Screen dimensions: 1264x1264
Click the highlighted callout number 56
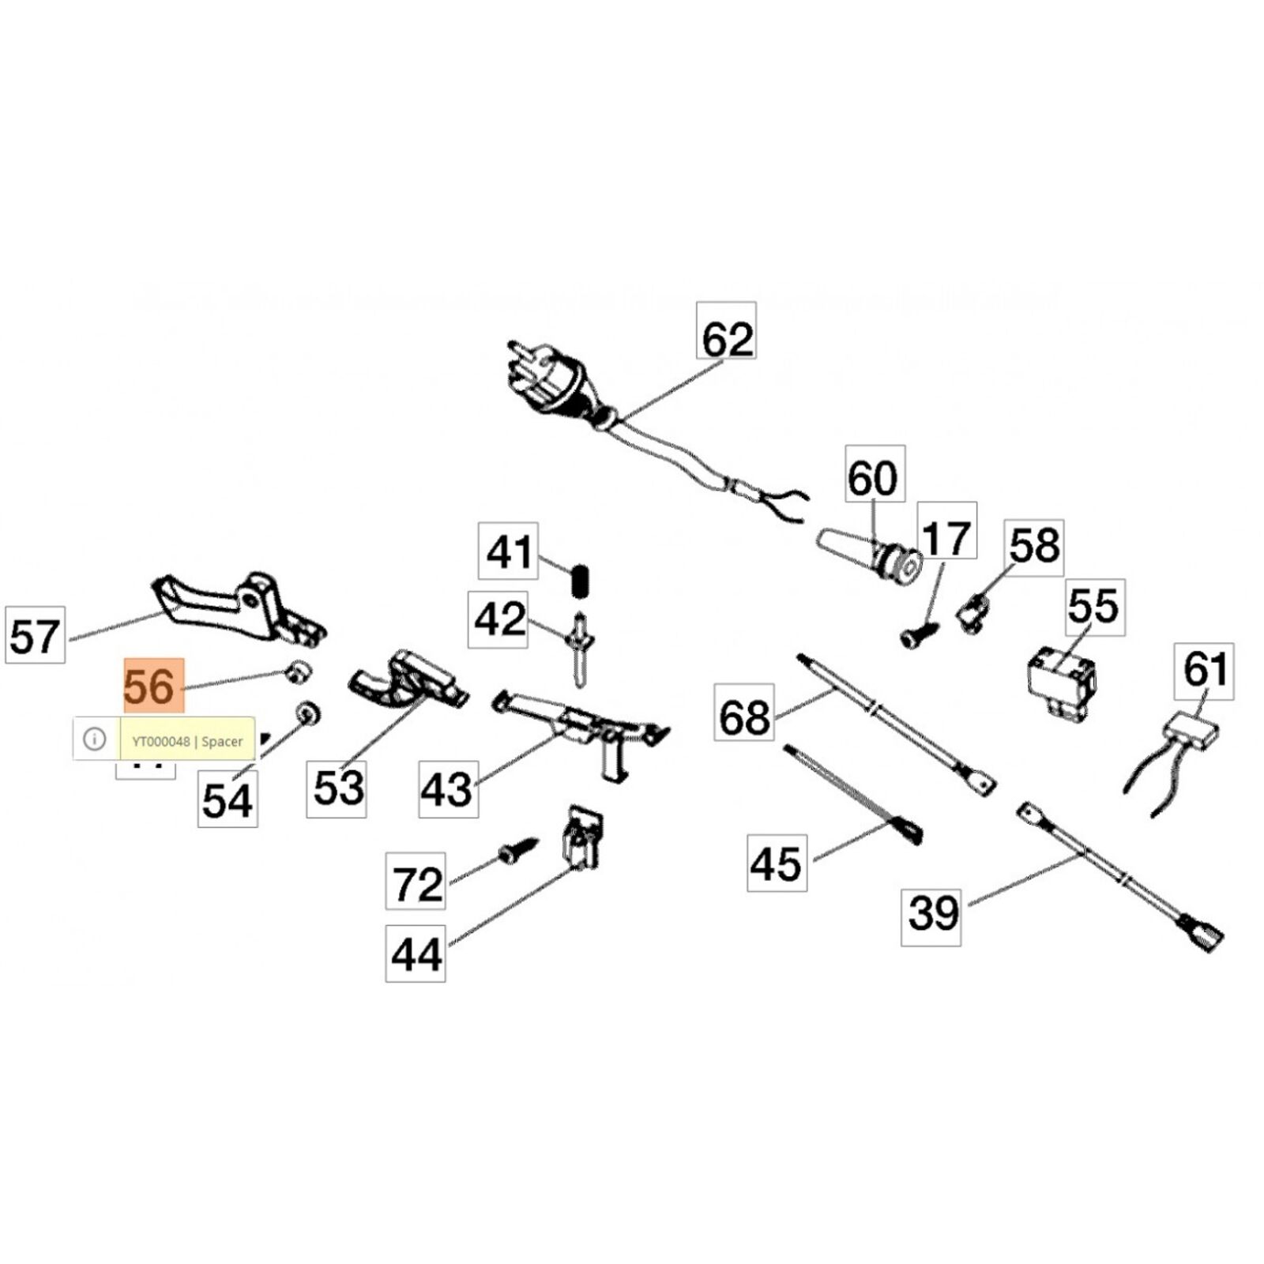153,686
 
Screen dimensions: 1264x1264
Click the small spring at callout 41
582,582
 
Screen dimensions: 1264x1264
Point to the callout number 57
35,635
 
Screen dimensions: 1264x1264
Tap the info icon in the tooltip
95,739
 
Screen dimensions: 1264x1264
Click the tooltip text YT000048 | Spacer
187,741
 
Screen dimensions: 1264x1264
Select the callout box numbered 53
337,788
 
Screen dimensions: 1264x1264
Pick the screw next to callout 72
517,852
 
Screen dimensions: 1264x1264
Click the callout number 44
416,954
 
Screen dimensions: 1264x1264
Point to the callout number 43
448,788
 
